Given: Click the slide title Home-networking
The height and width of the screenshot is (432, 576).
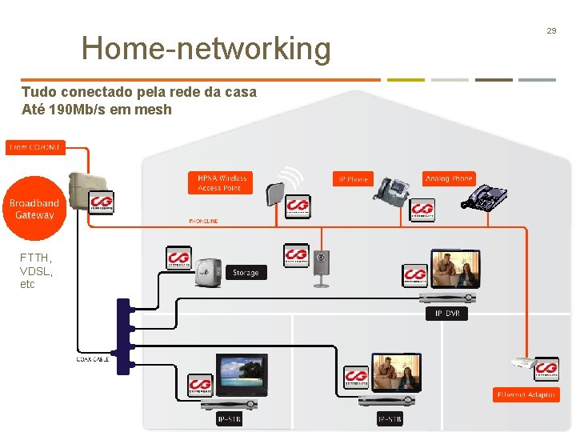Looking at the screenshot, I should coord(206,49).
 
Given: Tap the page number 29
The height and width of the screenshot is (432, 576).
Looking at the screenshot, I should coord(551,30).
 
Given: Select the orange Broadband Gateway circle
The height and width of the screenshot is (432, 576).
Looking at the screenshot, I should coord(34,210).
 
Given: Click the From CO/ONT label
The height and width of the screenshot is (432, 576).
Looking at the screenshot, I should coord(34,147).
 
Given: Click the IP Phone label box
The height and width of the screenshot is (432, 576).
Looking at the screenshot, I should coord(353,179).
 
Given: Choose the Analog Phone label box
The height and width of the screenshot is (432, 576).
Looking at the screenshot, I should coord(449,178).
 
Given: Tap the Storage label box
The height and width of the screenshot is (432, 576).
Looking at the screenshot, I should coord(246,273).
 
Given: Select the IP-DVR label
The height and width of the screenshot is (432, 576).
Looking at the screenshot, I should coord(446,314).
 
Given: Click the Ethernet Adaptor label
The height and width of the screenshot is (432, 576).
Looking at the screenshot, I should coord(526,394).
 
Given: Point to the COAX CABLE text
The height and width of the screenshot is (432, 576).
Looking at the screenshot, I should coord(93,359).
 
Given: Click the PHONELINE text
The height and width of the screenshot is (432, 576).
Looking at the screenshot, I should coord(203,221).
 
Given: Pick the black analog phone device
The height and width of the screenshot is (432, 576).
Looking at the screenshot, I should coord(485,198).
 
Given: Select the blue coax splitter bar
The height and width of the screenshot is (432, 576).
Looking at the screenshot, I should coord(123,335).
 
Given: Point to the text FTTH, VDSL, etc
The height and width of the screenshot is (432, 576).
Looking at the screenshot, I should coord(36,270).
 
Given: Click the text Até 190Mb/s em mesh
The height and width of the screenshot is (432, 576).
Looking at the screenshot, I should coord(96,109).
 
